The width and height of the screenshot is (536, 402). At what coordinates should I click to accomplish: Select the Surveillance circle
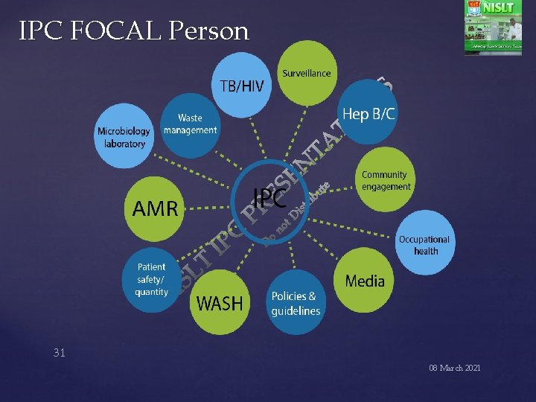point(306,73)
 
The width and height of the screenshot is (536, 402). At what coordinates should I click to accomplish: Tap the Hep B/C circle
point(368,114)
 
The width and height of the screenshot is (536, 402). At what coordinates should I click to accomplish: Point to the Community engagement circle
point(386,181)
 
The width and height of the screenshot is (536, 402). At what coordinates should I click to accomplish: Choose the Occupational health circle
point(424,244)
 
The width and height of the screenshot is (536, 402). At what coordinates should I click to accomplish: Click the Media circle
point(365,281)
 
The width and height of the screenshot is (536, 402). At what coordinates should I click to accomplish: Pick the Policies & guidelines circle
point(296,303)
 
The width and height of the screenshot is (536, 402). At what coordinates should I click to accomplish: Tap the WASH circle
point(220,303)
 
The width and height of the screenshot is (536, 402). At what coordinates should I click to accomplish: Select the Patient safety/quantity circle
point(152,279)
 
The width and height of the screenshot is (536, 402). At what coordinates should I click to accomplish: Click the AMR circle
point(155,208)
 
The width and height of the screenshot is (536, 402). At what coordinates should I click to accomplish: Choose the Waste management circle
point(190,124)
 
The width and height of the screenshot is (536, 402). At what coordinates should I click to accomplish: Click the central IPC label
point(269,198)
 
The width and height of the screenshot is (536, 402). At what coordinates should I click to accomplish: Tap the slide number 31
point(59,353)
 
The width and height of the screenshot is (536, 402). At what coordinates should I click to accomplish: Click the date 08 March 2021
point(454,368)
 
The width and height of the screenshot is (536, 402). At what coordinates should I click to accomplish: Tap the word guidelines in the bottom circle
point(296,311)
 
